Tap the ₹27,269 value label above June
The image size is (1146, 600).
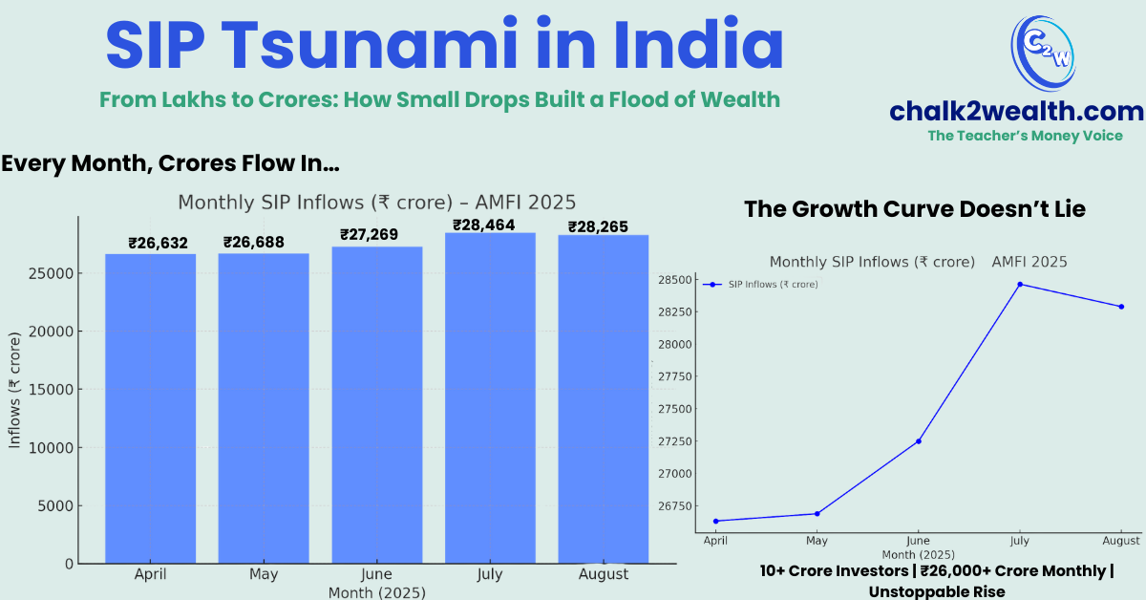click(x=369, y=235)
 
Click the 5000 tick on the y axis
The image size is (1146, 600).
click(x=55, y=506)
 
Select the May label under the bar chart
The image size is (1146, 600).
click(x=264, y=574)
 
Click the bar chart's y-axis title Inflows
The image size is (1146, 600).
click(x=14, y=391)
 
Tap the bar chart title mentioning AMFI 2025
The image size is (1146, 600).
click(x=376, y=203)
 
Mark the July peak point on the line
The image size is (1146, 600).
click(x=1020, y=284)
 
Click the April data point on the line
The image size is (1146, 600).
click(x=715, y=521)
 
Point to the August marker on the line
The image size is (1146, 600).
click(x=1121, y=307)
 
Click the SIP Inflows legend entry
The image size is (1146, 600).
click(x=772, y=285)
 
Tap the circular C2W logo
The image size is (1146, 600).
click(x=1043, y=53)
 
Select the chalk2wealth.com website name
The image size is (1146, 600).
click(x=1016, y=112)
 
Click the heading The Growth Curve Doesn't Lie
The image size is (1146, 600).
click(x=914, y=209)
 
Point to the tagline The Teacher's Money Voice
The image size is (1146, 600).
click(x=1025, y=136)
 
